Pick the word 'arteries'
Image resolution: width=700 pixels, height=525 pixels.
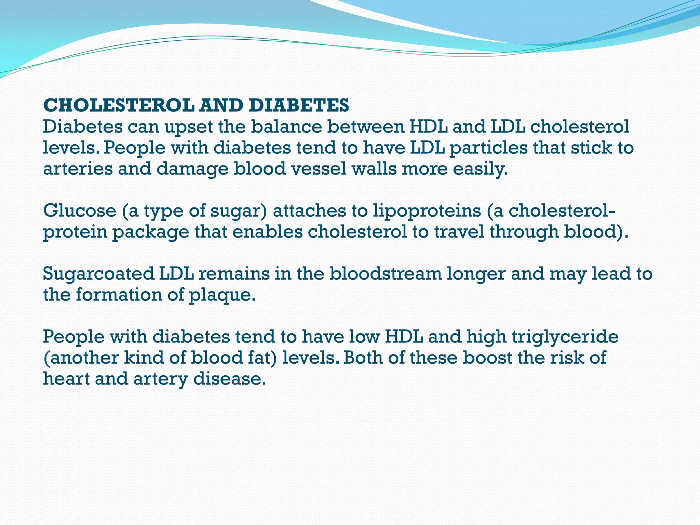click(x=78, y=169)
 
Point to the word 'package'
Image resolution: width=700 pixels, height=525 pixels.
click(x=150, y=232)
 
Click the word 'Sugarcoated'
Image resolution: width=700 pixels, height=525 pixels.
click(x=98, y=274)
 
